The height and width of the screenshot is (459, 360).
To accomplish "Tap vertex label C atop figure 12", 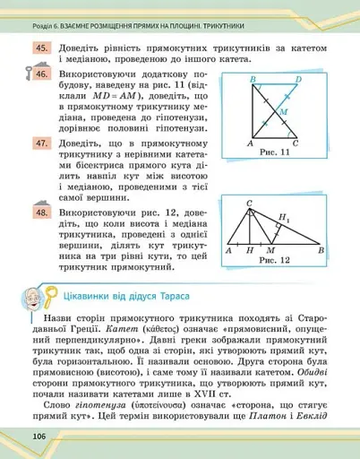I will (250, 204).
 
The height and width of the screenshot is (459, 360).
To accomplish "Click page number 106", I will (25, 436).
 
